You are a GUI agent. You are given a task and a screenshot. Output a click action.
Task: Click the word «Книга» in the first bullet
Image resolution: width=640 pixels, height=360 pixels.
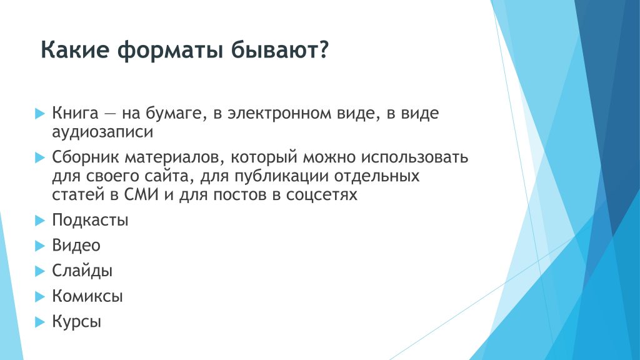[x=75, y=113]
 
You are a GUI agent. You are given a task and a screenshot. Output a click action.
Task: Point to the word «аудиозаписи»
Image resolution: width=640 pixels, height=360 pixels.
[x=102, y=132]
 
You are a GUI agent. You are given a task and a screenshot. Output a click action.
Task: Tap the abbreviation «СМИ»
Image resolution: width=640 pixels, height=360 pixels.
[x=141, y=195]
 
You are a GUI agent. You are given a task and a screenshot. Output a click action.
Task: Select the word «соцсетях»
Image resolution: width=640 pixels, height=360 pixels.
[x=321, y=195]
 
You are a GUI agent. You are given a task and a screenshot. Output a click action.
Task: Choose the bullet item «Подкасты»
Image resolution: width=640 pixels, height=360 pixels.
[x=90, y=221]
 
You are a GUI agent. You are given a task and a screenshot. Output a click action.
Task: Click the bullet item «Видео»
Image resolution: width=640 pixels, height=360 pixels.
[x=76, y=245]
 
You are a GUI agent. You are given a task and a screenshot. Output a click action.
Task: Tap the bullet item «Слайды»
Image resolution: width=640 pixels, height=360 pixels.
[x=82, y=271]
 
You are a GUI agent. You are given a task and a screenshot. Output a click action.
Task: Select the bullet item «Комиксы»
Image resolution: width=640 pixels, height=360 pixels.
[x=87, y=296]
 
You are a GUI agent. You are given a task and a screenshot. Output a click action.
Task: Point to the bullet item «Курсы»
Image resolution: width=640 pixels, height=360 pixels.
[x=76, y=322]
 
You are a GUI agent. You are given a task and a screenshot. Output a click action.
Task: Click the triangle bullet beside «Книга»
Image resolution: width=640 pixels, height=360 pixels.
[x=39, y=114]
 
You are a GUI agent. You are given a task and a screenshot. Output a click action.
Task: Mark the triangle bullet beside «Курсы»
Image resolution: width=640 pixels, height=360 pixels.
[x=39, y=322]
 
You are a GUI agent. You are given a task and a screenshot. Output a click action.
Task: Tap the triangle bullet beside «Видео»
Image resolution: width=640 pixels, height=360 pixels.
[x=39, y=246]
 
